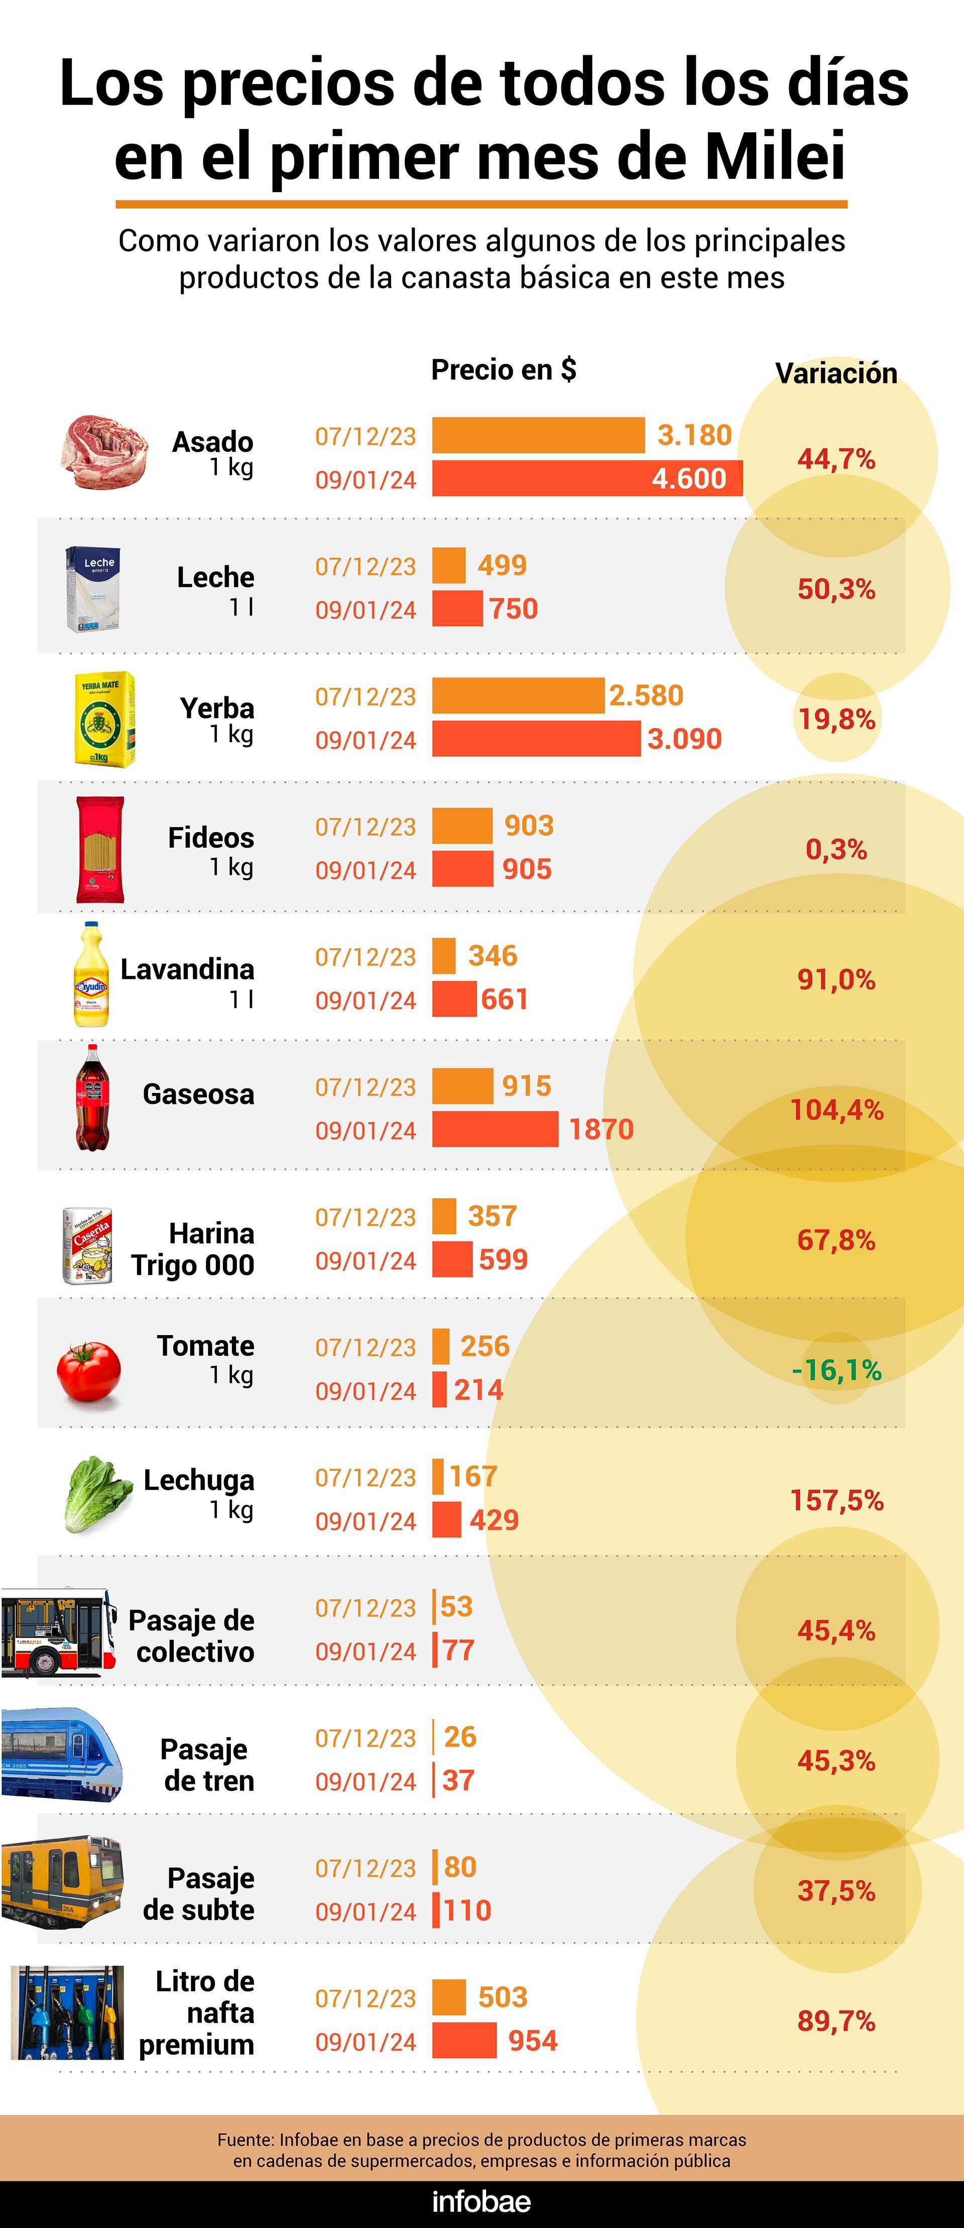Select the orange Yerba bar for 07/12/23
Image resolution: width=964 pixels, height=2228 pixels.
coord(517,695)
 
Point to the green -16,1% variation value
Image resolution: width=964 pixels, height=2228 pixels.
coord(836,1370)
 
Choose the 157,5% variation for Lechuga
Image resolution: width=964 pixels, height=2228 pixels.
coord(836,1500)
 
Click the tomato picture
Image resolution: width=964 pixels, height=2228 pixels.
coord(89,1371)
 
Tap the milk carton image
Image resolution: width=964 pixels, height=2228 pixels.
coord(92,588)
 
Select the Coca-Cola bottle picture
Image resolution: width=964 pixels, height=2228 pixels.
coord(92,1097)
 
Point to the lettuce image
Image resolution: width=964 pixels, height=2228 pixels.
coord(97,1494)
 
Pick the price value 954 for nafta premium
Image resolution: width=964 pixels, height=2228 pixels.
coord(533,2040)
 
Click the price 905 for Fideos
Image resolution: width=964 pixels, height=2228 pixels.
coord(527,869)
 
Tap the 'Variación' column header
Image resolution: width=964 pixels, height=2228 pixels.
coord(836,374)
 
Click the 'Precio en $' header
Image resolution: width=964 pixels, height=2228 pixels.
coord(503,370)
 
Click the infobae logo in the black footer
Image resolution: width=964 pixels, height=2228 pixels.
coord(481,2201)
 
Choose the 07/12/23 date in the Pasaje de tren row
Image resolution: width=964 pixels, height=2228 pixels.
coord(366,1738)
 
